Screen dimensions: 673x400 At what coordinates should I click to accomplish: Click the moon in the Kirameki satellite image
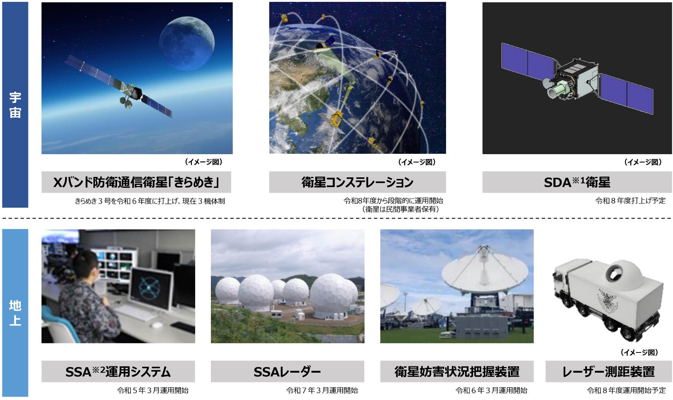tap(187, 40)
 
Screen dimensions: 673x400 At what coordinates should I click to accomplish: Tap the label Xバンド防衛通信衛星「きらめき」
tap(136, 182)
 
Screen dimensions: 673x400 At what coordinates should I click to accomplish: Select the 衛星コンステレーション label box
tap(357, 182)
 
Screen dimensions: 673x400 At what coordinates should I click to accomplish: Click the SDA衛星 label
tap(577, 182)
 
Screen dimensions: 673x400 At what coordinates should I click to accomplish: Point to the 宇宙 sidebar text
tap(15, 105)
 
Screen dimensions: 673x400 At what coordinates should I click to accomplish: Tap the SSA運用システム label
tap(118, 372)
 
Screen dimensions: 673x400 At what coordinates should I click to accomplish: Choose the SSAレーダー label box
tap(288, 372)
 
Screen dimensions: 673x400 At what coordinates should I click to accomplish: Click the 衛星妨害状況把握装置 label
tap(457, 372)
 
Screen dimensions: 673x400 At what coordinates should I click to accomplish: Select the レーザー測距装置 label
tap(609, 372)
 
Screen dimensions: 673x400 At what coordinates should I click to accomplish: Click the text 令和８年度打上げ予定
tap(630, 201)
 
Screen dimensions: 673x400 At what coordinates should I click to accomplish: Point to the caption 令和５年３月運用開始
tap(153, 390)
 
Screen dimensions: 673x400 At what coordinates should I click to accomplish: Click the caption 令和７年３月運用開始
tap(322, 390)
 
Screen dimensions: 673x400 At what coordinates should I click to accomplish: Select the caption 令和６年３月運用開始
tap(491, 390)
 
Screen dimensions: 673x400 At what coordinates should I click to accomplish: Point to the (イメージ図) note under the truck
tap(639, 352)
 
